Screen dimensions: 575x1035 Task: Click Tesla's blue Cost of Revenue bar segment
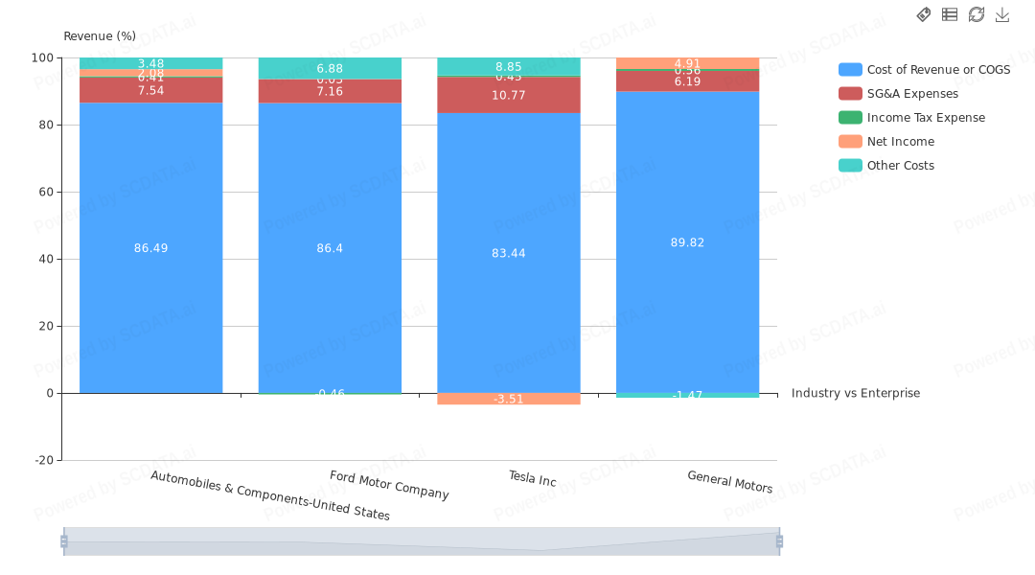(508, 287)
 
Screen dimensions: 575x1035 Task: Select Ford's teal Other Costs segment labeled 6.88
(330, 67)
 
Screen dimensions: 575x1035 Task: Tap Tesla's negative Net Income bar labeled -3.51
(508, 399)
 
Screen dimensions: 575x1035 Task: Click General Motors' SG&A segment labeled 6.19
(687, 82)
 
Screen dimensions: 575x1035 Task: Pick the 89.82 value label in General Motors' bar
(687, 242)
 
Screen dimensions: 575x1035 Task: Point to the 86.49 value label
(150, 248)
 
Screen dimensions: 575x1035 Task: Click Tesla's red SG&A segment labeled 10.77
(508, 95)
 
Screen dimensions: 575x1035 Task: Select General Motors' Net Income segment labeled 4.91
(687, 62)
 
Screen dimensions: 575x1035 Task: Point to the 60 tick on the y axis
(43, 192)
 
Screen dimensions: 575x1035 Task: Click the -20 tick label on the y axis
(43, 460)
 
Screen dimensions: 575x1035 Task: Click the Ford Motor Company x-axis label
(389, 485)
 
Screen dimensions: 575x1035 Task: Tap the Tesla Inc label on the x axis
(532, 478)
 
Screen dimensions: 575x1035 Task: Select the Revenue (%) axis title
(100, 36)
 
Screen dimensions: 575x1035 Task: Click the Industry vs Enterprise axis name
(855, 393)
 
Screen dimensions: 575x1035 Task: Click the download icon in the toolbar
(1002, 14)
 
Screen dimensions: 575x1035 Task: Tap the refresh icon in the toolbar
(977, 14)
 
